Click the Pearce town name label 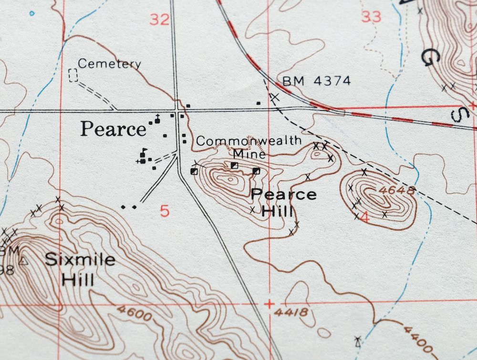click(113, 129)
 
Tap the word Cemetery click(109, 64)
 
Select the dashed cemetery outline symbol click(73, 75)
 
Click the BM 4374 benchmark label click(316, 81)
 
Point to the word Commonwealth click(249, 141)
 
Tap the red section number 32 click(159, 20)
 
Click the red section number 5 click(165, 211)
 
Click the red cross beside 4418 click(270, 304)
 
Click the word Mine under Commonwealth click(249, 154)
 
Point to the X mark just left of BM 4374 click(274, 97)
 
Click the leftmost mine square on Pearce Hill click(194, 171)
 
